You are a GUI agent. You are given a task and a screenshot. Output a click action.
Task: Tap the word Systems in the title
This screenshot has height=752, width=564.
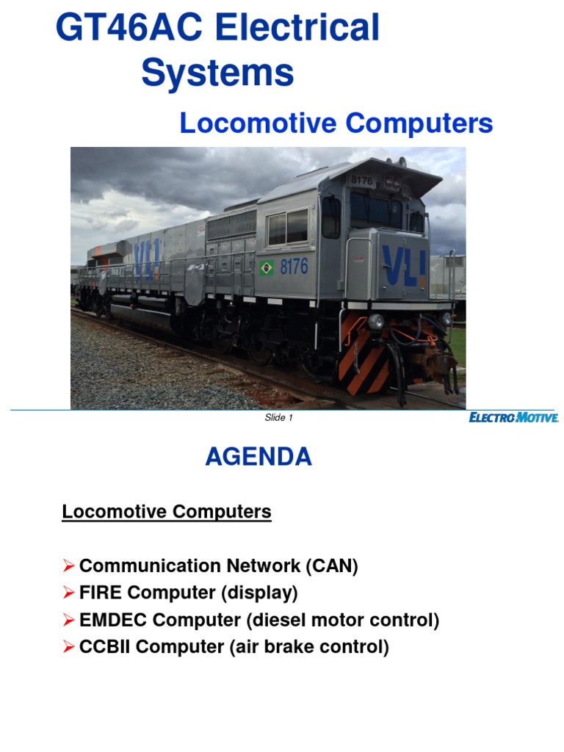coord(217,73)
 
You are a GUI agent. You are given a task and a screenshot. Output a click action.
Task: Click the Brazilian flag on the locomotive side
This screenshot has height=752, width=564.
coord(266,268)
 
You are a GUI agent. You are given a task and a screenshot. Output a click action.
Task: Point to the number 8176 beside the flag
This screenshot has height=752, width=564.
coord(294,266)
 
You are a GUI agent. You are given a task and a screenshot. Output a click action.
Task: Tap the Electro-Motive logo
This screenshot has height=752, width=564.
coord(514,418)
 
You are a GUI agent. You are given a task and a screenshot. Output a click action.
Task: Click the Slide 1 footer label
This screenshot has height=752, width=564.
coord(278,418)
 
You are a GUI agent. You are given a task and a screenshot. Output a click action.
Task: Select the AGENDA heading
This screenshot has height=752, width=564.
coord(258,457)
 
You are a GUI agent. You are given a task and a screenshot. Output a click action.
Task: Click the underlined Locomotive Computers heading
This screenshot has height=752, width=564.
coord(167,512)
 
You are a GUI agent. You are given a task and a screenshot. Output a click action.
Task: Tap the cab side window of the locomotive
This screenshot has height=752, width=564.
coord(288,226)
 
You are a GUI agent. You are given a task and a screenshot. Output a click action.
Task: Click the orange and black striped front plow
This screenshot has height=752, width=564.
coord(365,360)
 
